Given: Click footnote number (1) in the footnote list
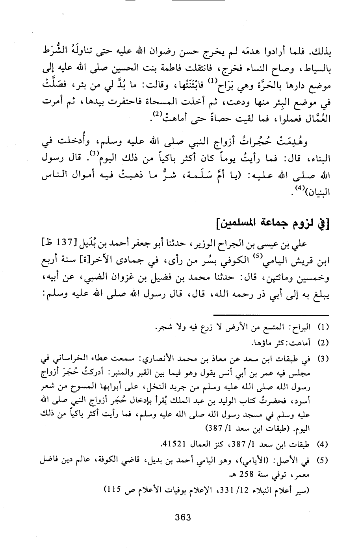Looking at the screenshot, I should (x=323, y=328).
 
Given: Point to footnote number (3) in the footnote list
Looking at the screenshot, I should (x=323, y=359).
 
